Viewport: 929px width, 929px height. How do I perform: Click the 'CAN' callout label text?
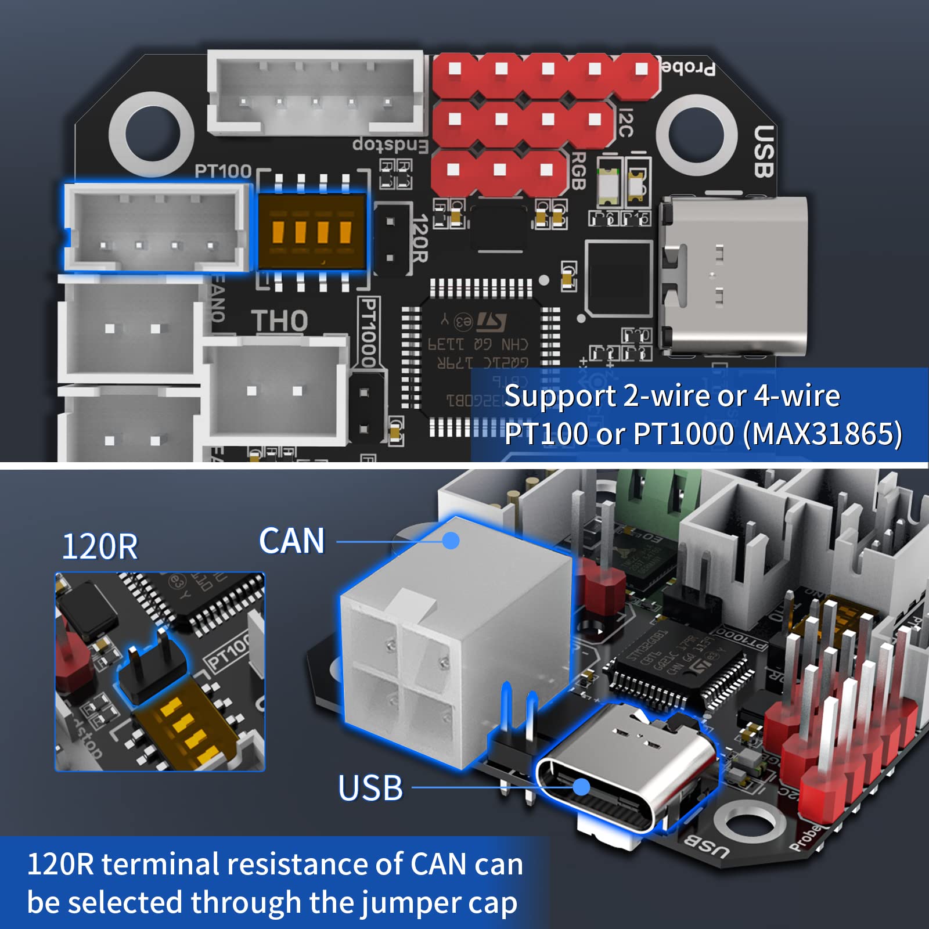(291, 541)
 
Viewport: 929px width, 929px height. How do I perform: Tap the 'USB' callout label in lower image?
(370, 788)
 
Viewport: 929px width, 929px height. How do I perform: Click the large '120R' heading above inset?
(100, 546)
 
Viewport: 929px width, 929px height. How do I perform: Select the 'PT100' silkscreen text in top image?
(223, 171)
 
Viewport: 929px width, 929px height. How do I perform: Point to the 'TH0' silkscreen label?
(279, 321)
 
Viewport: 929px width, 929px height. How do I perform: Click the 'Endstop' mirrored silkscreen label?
(390, 145)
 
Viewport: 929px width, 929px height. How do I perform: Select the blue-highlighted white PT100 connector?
(156, 228)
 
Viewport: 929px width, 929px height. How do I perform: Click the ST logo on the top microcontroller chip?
(491, 321)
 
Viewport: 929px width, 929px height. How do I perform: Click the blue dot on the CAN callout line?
(451, 541)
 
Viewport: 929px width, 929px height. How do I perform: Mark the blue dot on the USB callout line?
(581, 787)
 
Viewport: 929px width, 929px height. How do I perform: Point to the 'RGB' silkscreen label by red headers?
(577, 171)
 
